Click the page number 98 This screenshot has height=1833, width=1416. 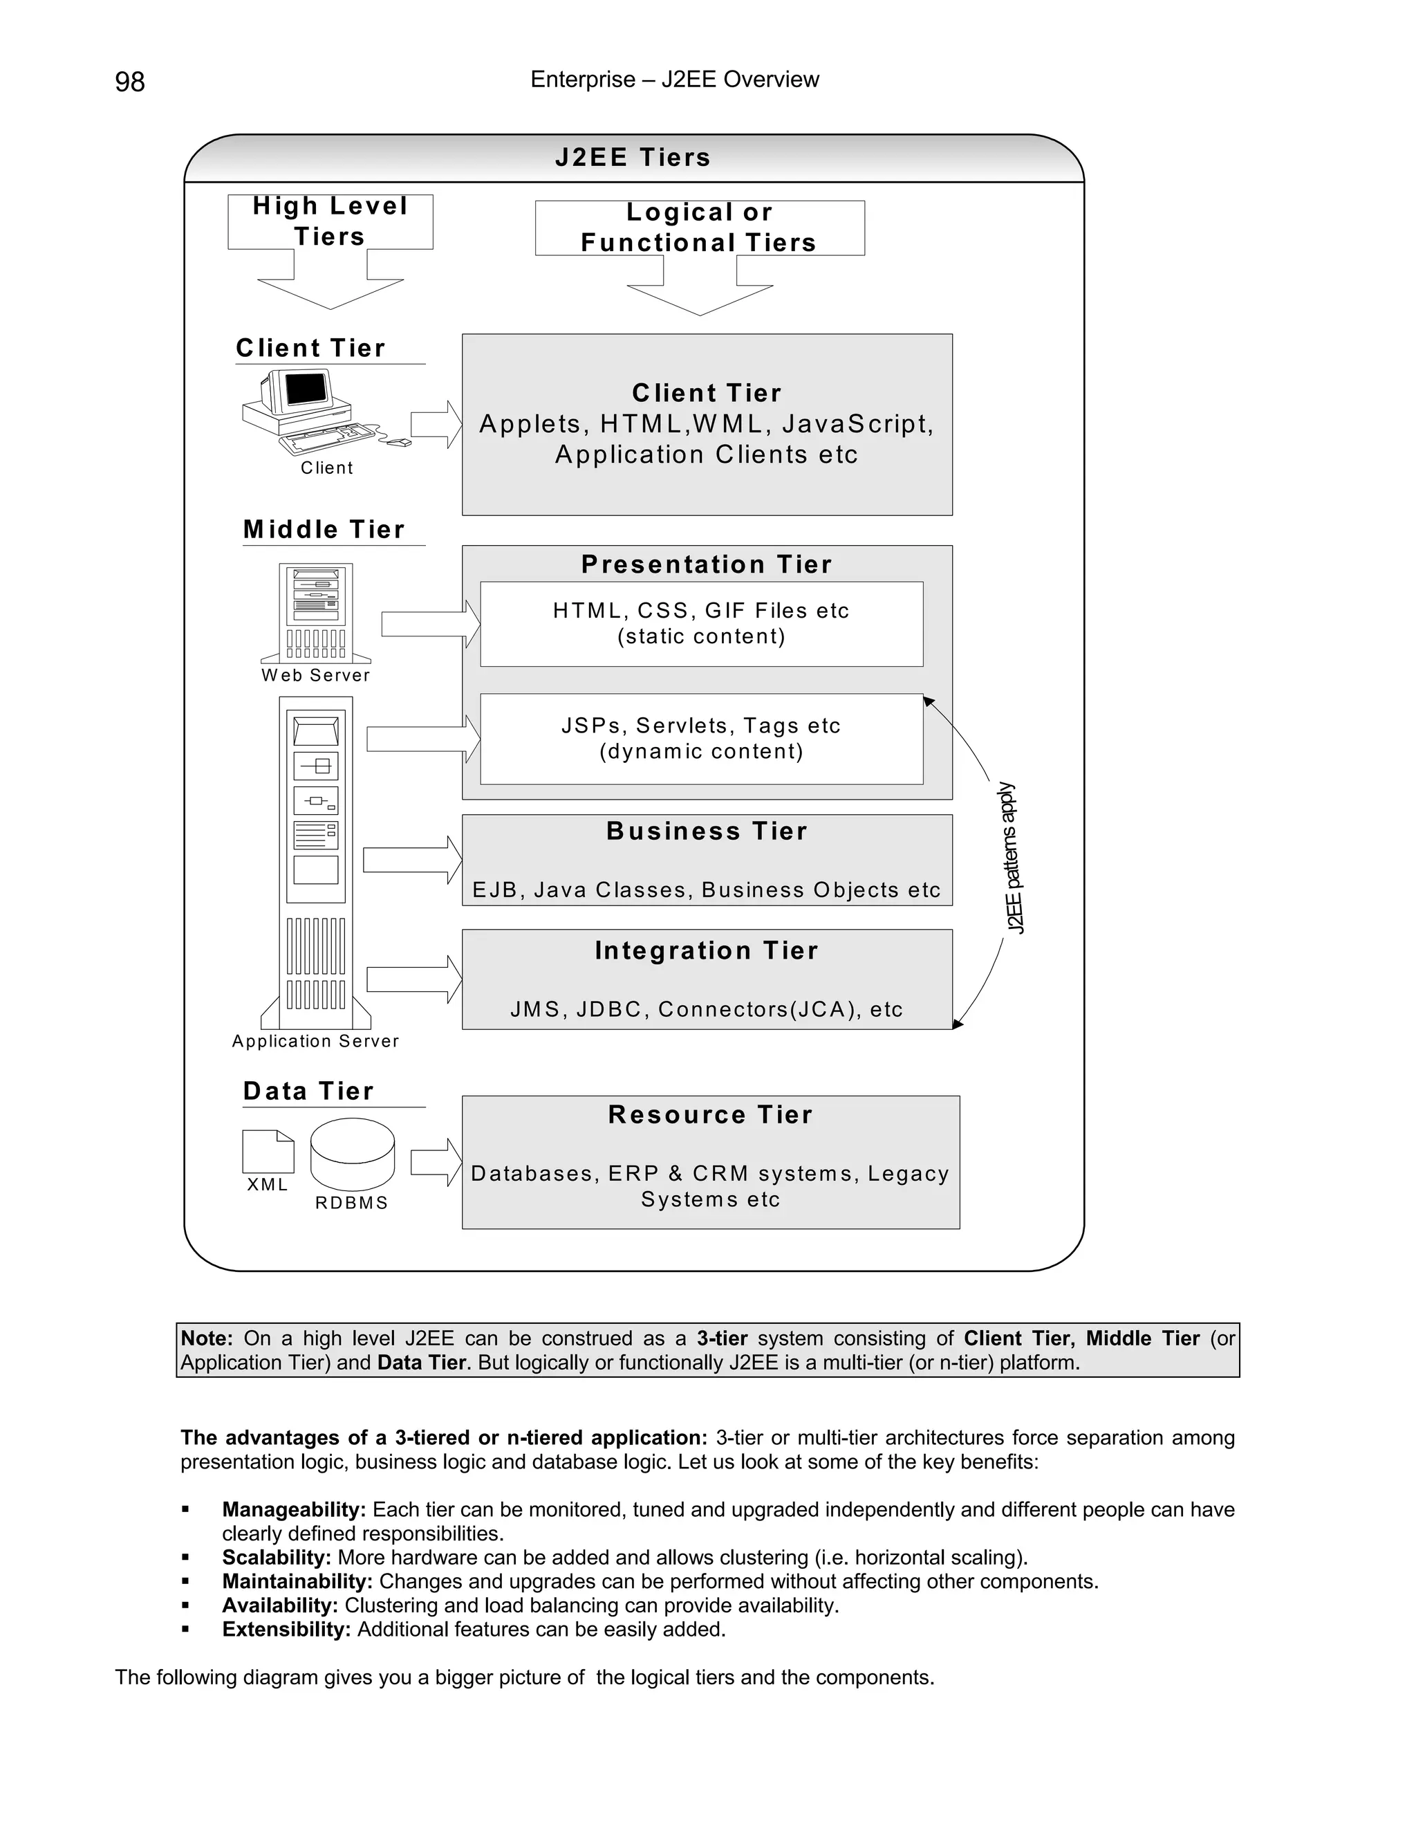130,82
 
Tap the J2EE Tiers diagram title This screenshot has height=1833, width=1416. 633,158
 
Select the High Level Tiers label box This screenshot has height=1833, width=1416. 330,221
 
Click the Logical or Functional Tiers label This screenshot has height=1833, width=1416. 699,228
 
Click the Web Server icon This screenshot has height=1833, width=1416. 316,612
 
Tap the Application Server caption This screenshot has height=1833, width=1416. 315,1041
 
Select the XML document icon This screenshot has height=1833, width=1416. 268,1151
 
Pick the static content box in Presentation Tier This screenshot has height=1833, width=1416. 701,624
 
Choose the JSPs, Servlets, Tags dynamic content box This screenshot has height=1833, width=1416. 701,739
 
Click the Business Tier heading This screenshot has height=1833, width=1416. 707,831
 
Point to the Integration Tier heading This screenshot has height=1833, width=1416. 707,950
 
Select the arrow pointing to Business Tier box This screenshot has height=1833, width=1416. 412,860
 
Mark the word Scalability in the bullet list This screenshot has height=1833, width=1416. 276,1558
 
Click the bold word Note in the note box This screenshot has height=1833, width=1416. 206,1338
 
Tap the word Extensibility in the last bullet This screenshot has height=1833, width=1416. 286,1629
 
